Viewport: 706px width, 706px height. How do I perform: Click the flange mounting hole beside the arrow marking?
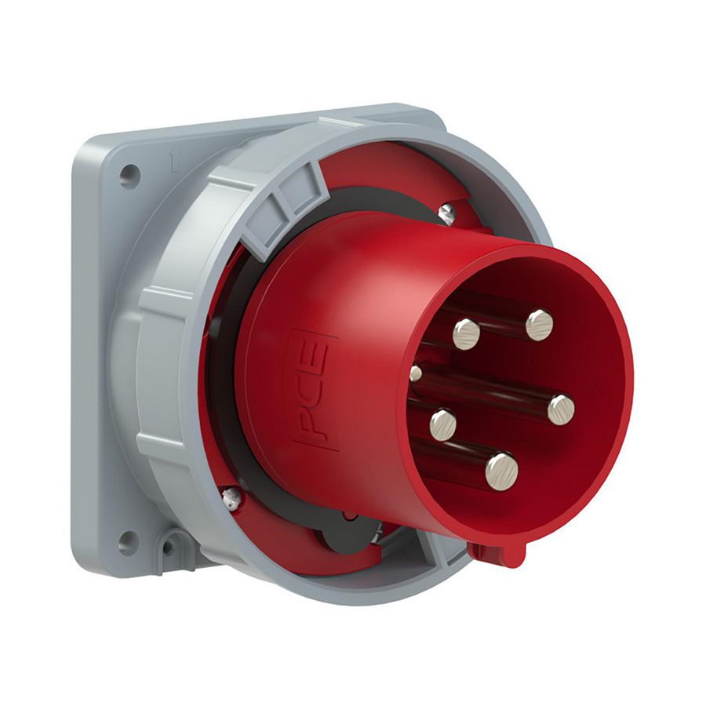[x=129, y=176]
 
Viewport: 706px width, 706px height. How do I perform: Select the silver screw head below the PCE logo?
[x=231, y=496]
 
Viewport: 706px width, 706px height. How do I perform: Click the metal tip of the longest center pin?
[x=560, y=409]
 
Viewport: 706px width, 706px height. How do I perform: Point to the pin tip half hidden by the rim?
[x=416, y=373]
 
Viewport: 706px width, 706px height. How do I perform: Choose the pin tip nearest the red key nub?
[x=501, y=471]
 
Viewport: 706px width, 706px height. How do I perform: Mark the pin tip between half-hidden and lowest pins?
[x=443, y=424]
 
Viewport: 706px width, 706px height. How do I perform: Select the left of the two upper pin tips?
[x=467, y=333]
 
